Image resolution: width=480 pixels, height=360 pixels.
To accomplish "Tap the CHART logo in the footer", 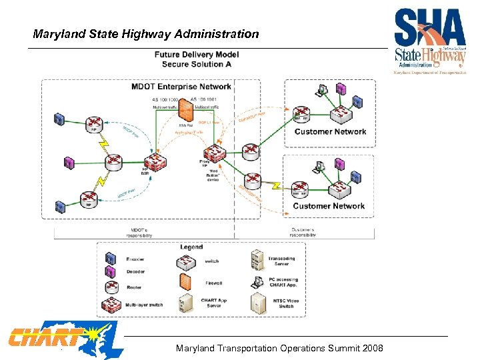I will coord(47,337).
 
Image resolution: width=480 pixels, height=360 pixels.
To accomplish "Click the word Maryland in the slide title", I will coord(57,33).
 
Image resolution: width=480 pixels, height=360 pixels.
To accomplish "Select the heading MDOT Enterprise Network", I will coord(181,87).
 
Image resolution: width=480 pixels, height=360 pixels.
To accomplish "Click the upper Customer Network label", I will coord(330,131).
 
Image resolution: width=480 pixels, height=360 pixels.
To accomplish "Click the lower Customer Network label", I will coord(329,206).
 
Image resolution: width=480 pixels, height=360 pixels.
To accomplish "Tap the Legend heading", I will coord(191,247).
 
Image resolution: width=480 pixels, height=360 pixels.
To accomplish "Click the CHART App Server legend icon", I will coord(186,304).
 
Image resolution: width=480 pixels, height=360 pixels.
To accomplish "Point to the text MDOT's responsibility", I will coord(139,233).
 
